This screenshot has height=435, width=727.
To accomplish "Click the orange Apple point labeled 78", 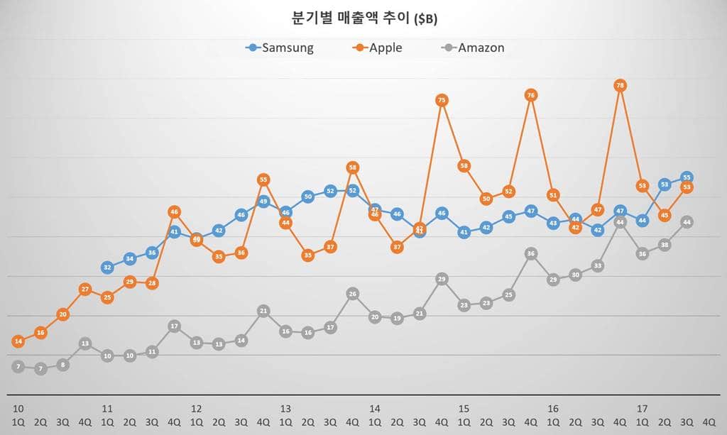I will pos(621,85).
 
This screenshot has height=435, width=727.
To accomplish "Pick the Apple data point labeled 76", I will pos(531,94).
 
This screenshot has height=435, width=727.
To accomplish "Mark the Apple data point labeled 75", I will pos(442,101).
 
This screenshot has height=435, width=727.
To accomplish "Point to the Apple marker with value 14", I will pos(18,341).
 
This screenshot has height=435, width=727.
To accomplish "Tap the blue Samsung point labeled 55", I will pos(687,177).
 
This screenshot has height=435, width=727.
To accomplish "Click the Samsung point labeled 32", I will pos(107,268).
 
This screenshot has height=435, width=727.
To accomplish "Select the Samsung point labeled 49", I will pos(263,202).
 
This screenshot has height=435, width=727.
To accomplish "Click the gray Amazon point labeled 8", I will pos(62,365).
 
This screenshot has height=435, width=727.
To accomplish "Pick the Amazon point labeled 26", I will pos(353,294).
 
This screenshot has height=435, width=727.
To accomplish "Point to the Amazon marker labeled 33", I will pos(598,266).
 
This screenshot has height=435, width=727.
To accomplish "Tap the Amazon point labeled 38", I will pos(665,245).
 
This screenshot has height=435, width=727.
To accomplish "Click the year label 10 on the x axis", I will pos(18,409).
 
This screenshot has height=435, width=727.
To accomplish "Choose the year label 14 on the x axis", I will pos(375,409).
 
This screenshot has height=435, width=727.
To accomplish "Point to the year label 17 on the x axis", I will pos(642,409).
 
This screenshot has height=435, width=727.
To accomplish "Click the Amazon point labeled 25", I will pos(508,294).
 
